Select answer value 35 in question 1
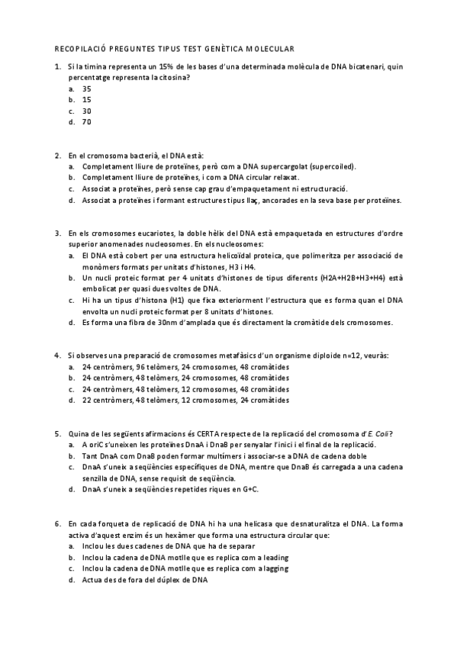87,89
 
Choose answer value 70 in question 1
87,121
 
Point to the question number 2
58,155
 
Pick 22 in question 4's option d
87,400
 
